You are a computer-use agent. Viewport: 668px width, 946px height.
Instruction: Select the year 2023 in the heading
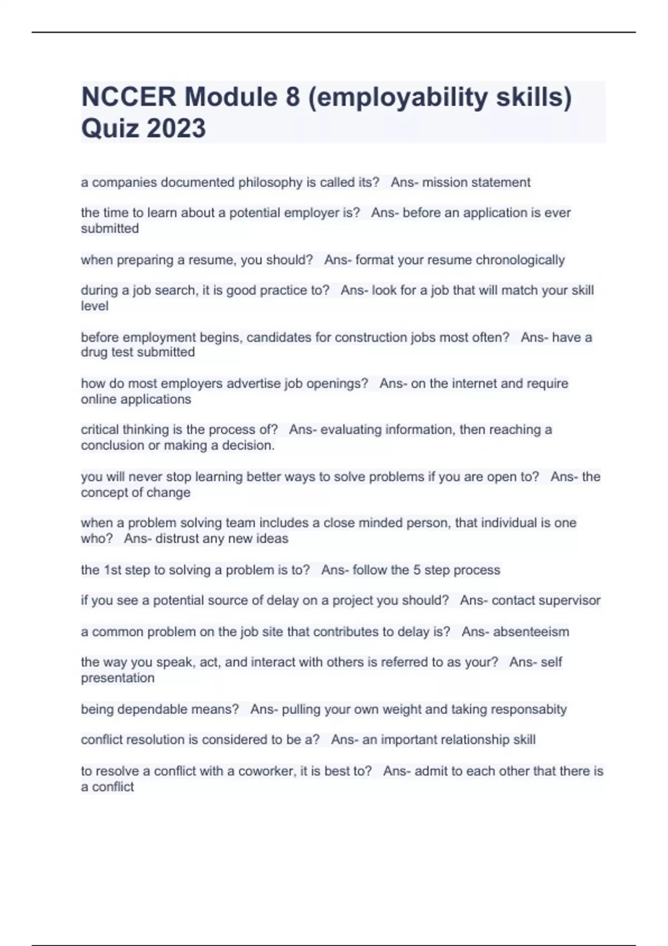(176, 129)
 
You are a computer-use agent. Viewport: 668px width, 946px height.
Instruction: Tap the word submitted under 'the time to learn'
(110, 229)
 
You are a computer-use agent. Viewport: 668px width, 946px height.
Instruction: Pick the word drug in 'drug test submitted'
(94, 352)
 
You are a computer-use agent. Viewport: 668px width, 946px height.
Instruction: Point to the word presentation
(117, 678)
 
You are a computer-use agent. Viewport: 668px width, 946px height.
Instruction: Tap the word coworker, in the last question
(267, 771)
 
